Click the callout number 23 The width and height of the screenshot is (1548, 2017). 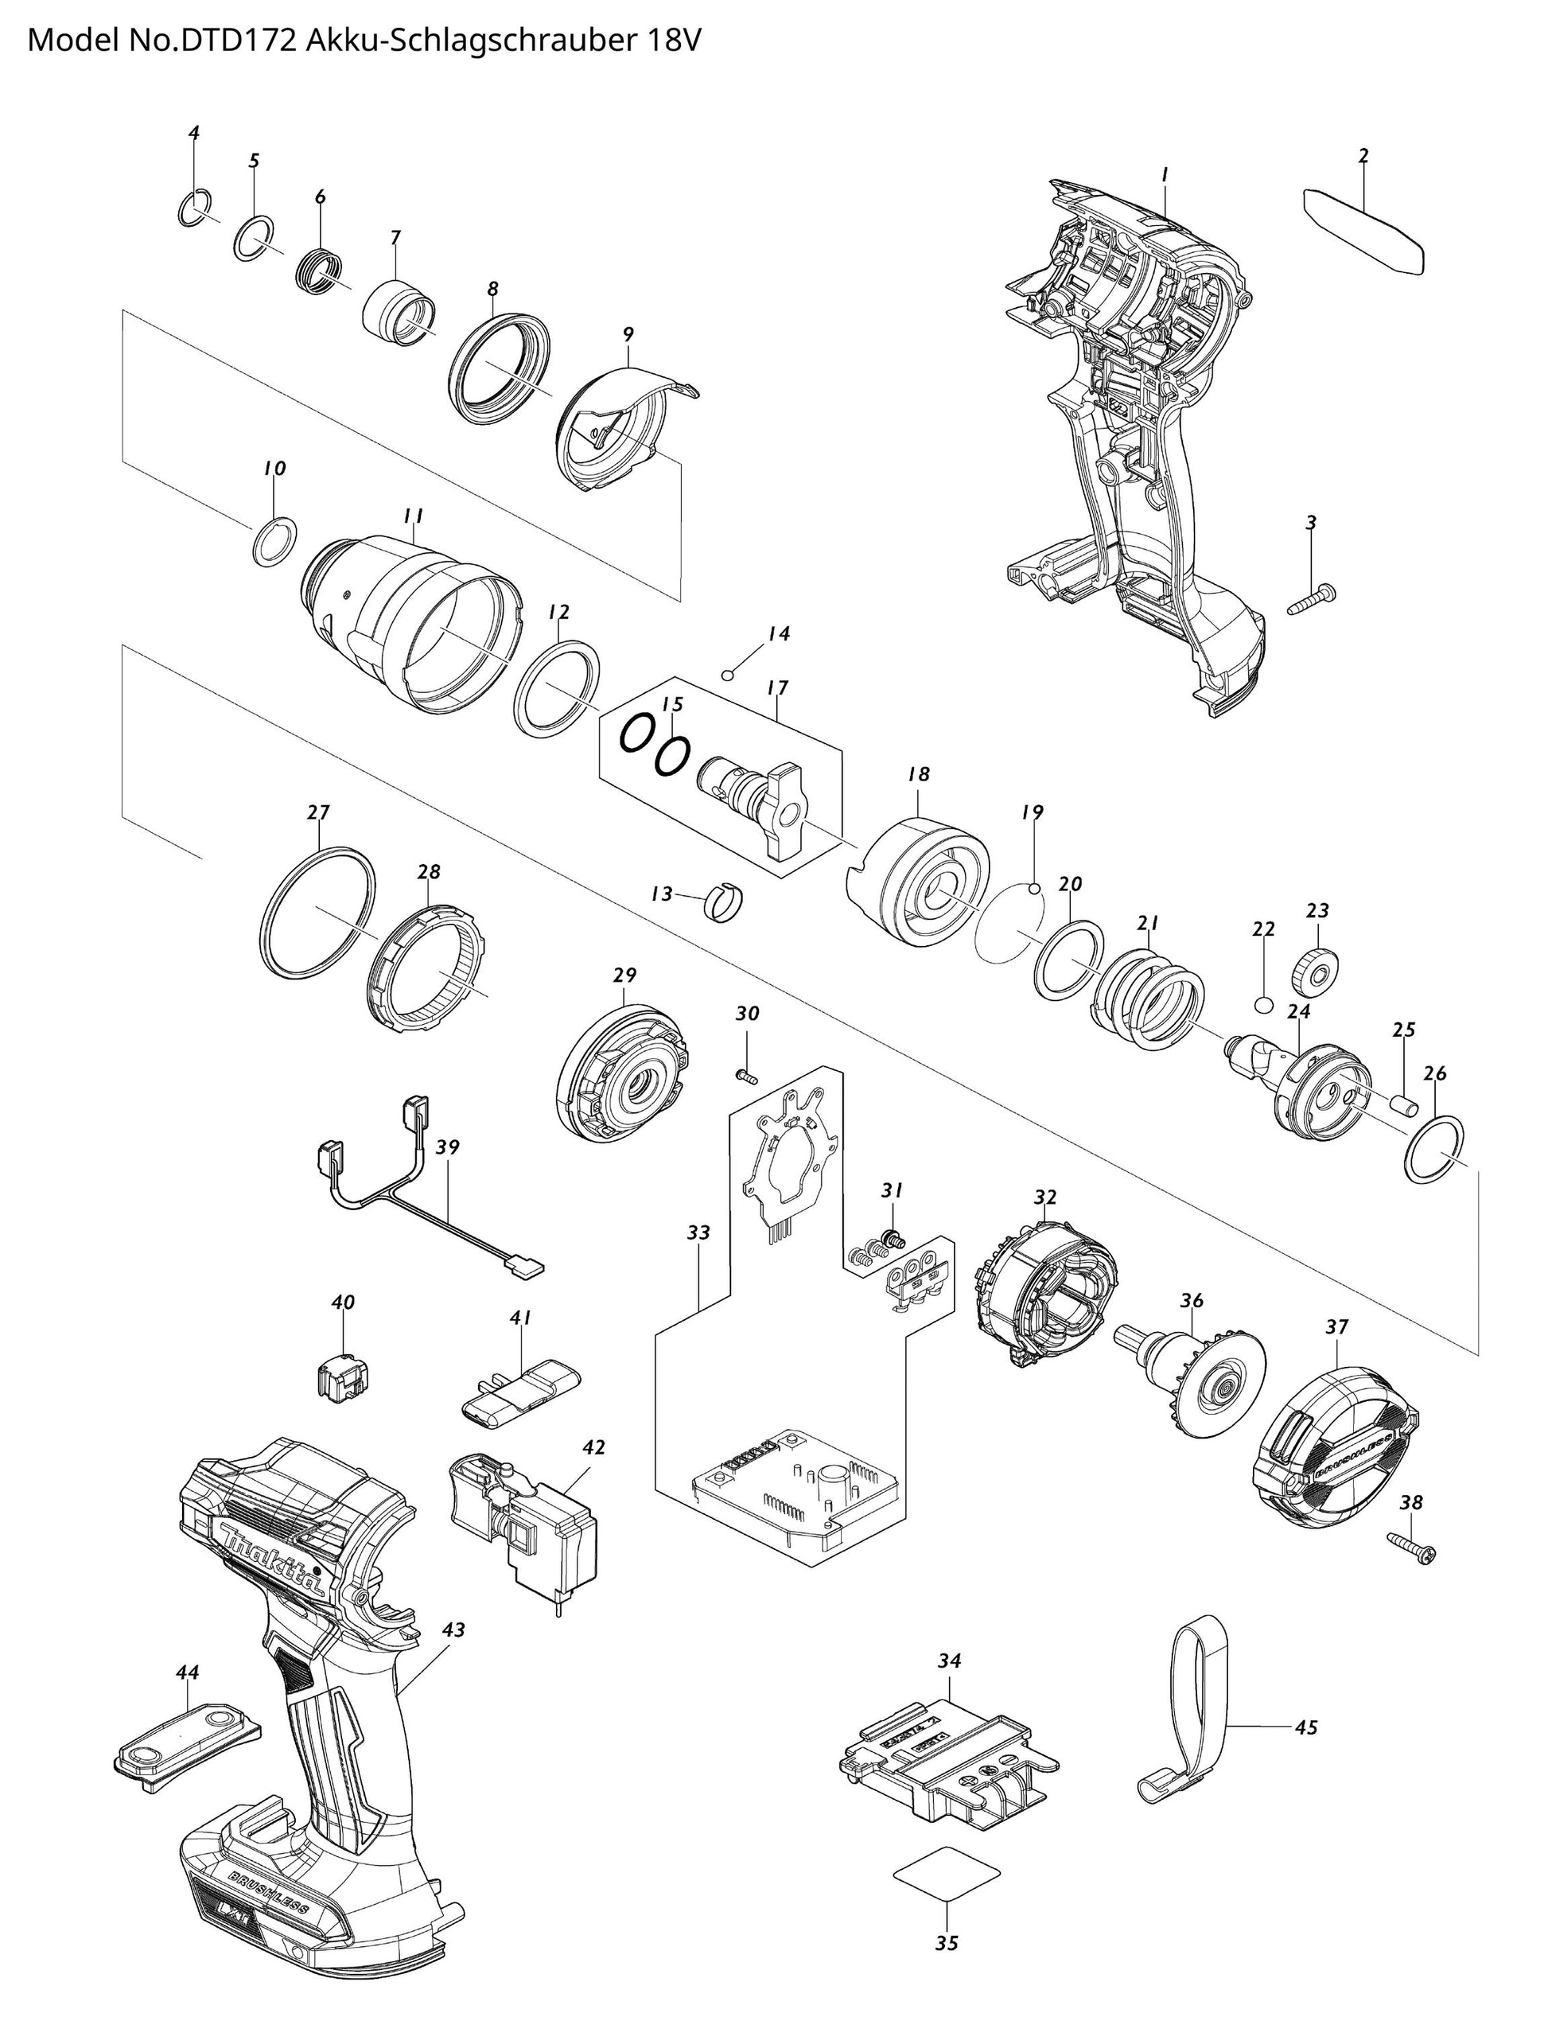click(x=1317, y=910)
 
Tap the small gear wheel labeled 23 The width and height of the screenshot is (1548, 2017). click(x=1317, y=969)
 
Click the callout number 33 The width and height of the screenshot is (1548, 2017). click(x=698, y=1232)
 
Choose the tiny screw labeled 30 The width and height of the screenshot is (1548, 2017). click(x=746, y=1073)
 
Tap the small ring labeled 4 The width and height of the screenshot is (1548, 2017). click(x=194, y=208)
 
